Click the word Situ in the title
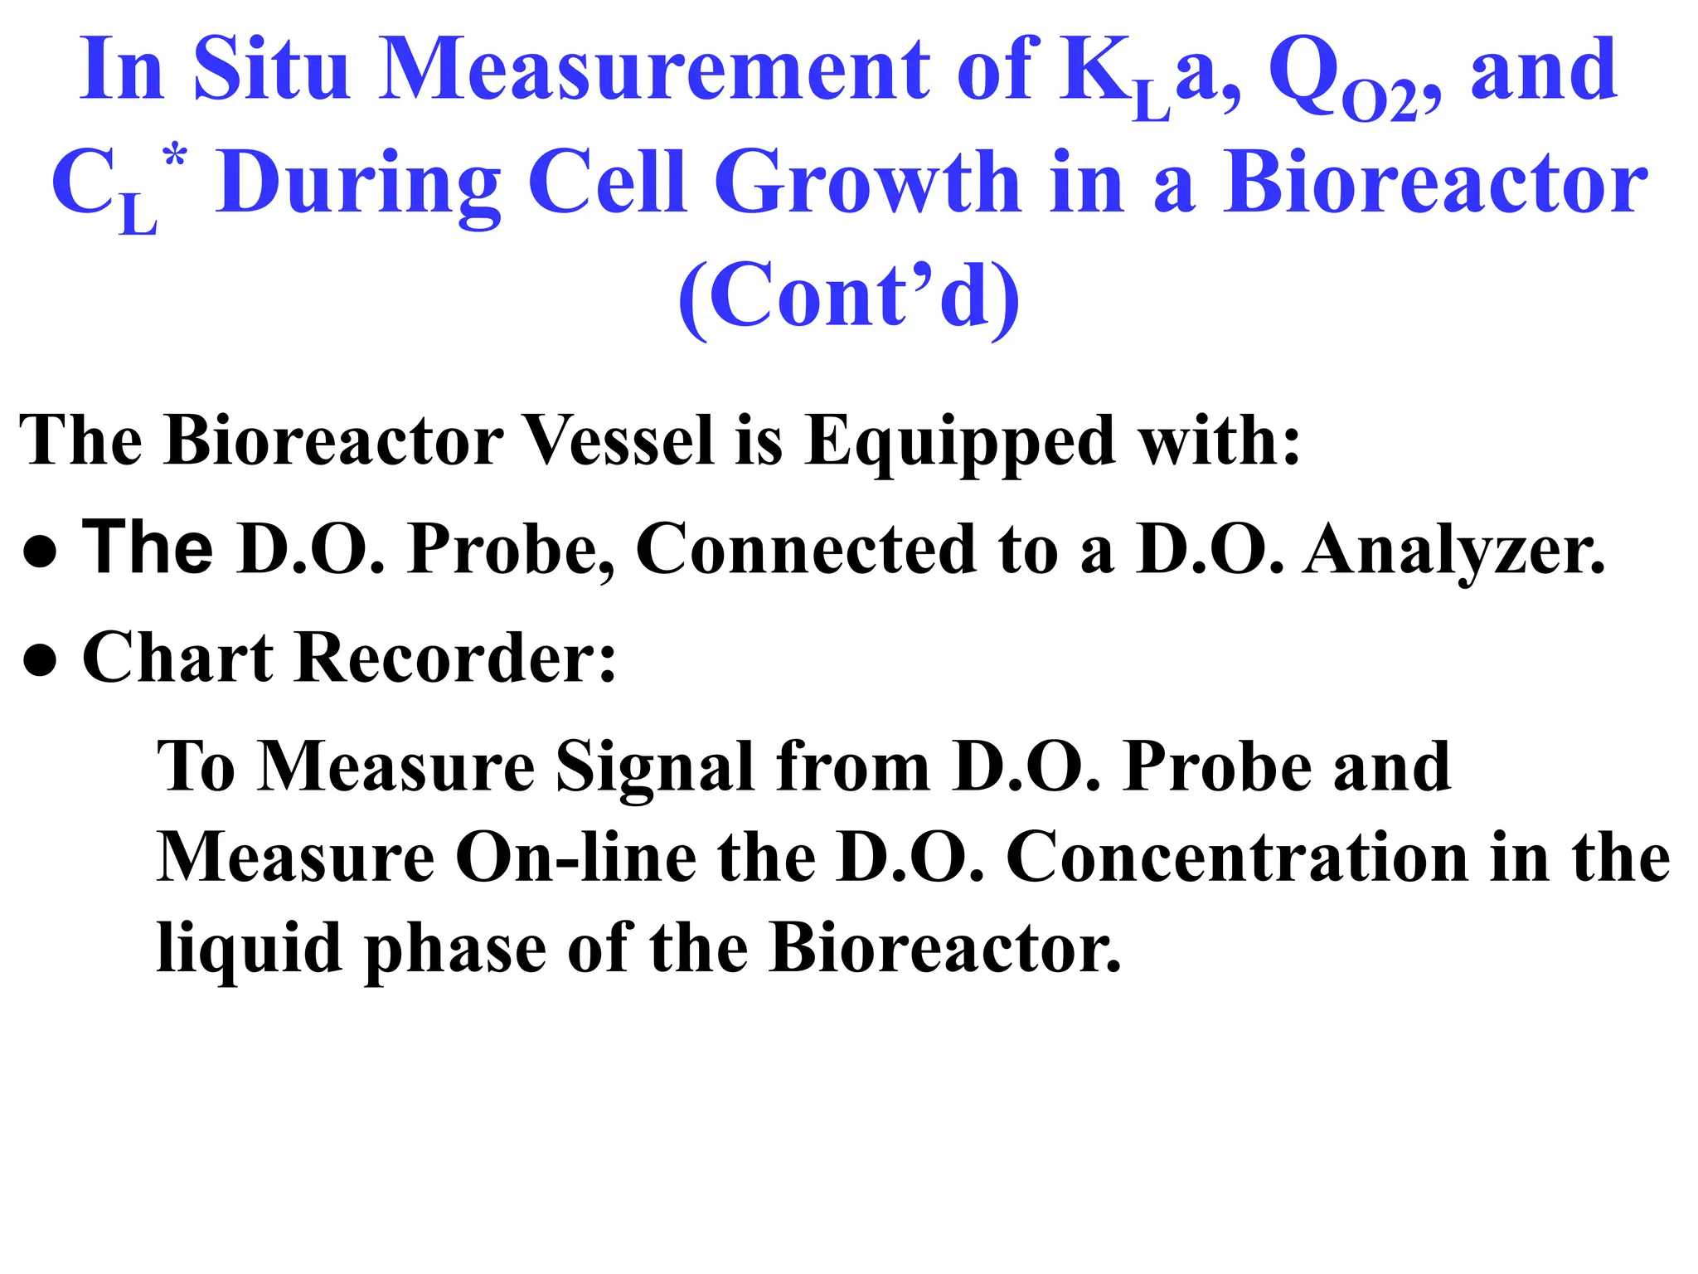tap(270, 70)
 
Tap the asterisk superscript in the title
tap(175, 156)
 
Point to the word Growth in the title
tap(867, 182)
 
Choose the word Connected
tap(806, 549)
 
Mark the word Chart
tap(177, 657)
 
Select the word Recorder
tap(455, 657)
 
